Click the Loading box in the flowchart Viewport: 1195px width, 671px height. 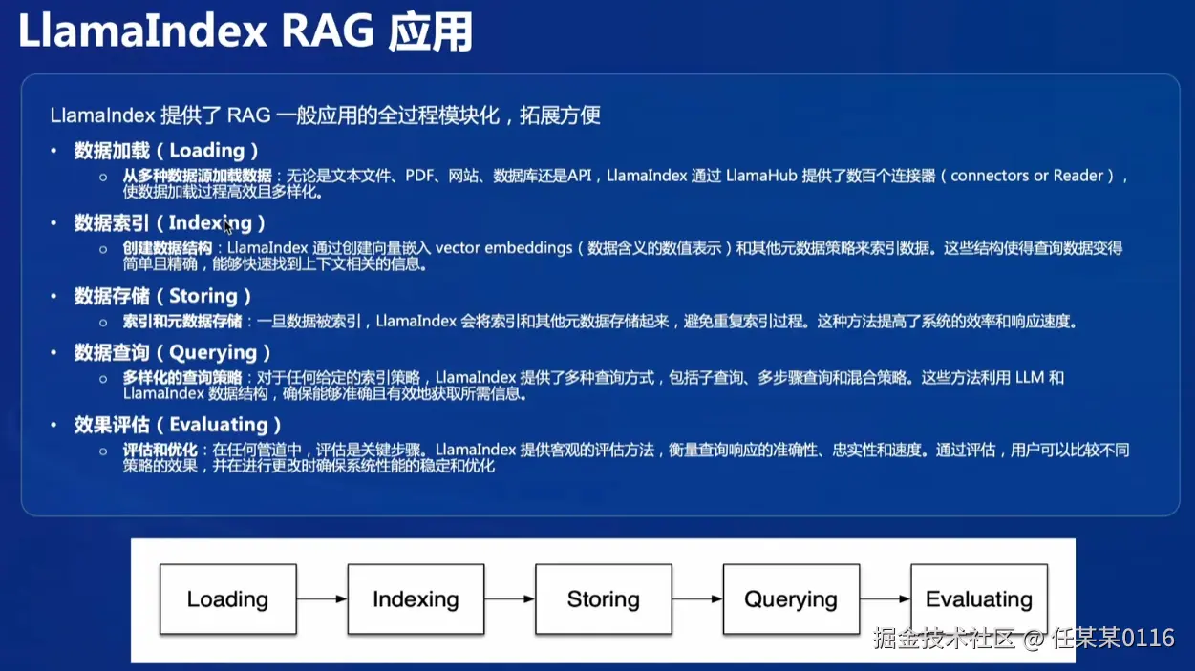(x=228, y=599)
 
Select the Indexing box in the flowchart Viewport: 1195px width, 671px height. (x=416, y=599)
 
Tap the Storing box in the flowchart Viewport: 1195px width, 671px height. (x=604, y=599)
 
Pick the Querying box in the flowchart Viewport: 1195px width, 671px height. (x=792, y=599)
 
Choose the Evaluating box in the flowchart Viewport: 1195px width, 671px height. (x=979, y=599)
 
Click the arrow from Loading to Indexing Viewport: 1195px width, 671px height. (x=322, y=599)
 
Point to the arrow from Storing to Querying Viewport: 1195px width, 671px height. (x=697, y=599)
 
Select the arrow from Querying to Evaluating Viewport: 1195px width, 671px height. (x=886, y=599)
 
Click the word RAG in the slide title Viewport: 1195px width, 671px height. (x=328, y=31)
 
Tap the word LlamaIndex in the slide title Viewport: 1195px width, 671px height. (x=142, y=31)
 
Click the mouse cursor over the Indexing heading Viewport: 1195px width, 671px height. (x=227, y=227)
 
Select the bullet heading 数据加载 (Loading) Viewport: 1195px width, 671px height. (x=166, y=151)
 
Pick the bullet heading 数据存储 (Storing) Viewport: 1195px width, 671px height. (x=162, y=296)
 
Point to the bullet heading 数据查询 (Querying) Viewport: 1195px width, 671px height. (x=172, y=353)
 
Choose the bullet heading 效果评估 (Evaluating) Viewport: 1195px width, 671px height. (x=178, y=425)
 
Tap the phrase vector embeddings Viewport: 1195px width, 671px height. (x=503, y=248)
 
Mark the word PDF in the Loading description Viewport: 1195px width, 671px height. (x=420, y=176)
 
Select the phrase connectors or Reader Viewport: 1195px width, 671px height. (x=1027, y=176)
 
